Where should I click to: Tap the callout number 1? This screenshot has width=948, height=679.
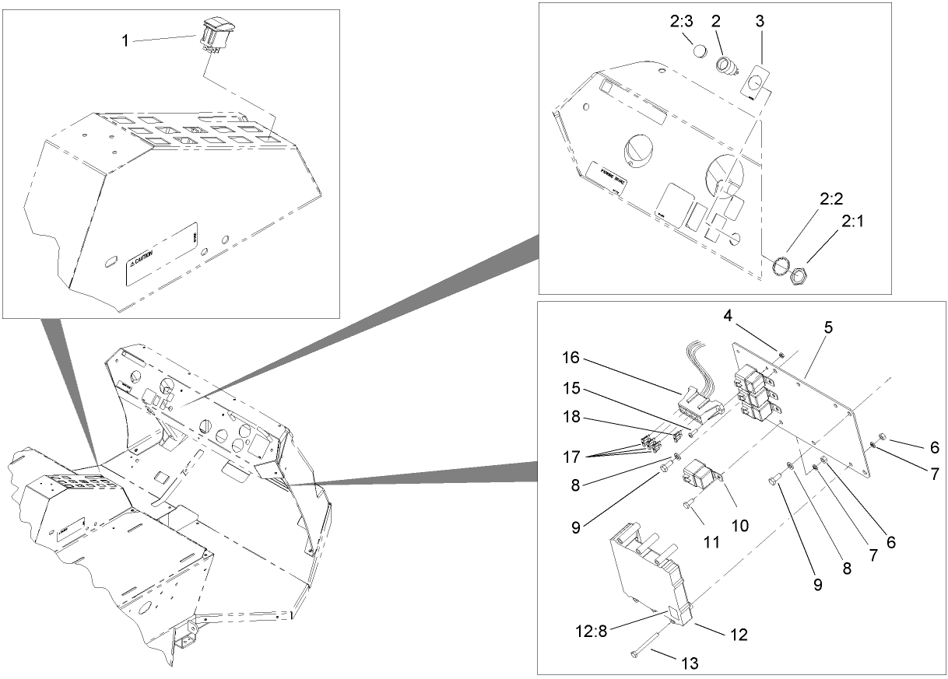coord(125,40)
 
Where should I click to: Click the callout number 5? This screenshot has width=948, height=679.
coord(828,327)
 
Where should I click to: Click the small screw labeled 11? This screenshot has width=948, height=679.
coord(687,506)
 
